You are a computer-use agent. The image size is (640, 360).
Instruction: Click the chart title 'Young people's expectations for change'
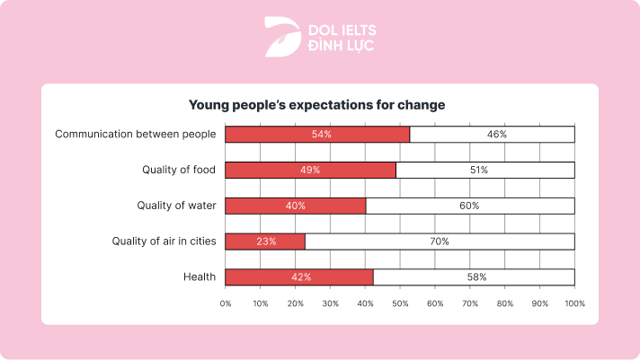pos(316,105)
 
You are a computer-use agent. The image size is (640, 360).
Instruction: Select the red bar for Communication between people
pos(317,134)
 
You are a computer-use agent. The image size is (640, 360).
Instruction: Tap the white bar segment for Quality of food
pos(484,170)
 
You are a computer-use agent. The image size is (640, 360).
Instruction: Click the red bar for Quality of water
pos(295,206)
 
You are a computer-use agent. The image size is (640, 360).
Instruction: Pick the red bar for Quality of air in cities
pos(265,241)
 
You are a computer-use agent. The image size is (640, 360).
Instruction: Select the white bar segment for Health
pos(474,277)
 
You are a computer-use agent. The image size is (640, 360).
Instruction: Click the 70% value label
pos(439,241)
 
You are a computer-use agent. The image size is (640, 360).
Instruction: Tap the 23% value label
pos(265,241)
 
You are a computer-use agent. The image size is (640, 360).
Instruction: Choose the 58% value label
pos(476,277)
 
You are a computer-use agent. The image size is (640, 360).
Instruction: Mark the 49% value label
pos(310,170)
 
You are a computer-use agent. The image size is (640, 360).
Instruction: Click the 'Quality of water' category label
pos(176,206)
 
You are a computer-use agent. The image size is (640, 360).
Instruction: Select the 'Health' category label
pos(199,277)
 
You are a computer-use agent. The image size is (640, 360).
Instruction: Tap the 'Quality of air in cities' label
pos(164,241)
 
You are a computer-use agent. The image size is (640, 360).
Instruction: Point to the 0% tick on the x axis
pos(226,303)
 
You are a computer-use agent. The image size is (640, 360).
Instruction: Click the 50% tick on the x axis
pos(400,303)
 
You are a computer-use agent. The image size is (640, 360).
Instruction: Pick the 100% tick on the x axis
pos(574,303)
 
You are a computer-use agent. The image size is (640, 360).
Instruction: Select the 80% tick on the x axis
pos(505,303)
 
